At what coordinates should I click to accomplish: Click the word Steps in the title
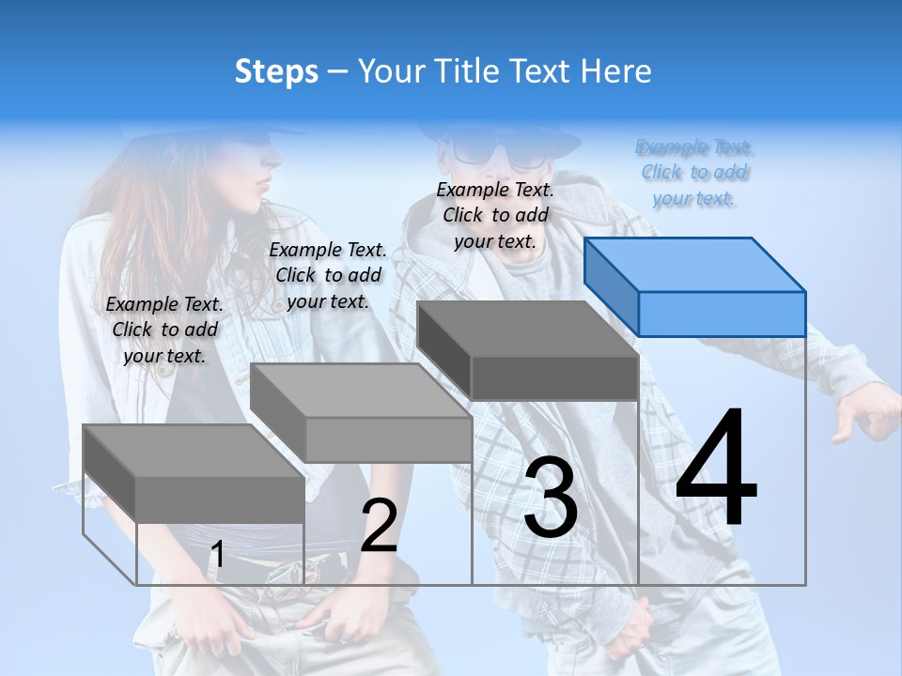[x=276, y=71]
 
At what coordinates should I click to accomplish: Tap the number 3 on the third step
[x=551, y=498]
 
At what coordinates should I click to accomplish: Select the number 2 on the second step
[x=379, y=526]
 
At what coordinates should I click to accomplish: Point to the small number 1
[x=217, y=555]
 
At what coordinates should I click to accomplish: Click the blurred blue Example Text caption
[x=694, y=173]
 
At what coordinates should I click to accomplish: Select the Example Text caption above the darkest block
[x=495, y=215]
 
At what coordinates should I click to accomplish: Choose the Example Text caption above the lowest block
[x=164, y=330]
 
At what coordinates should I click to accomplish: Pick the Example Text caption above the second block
[x=328, y=275]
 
